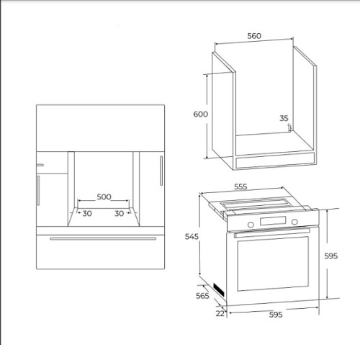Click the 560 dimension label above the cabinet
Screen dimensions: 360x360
[254, 36]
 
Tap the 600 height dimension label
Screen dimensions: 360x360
[201, 114]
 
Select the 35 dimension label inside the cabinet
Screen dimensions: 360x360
[284, 118]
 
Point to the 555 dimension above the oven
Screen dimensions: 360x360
[240, 186]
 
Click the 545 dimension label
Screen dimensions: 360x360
[192, 236]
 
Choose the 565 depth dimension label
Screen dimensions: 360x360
[202, 296]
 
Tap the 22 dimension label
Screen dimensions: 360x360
[220, 313]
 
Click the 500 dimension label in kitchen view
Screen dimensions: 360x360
[104, 197]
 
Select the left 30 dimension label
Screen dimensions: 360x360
[87, 213]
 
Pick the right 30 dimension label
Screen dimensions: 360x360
[120, 213]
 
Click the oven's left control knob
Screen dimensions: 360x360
[251, 225]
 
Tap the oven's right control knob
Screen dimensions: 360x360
[294, 222]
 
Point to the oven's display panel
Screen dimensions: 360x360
[273, 221]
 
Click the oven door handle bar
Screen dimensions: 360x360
[272, 233]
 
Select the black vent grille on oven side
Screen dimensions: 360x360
[219, 289]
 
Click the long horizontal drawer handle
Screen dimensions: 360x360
[103, 238]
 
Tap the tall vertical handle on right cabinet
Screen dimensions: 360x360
[161, 171]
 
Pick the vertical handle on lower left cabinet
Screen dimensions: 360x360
[38, 191]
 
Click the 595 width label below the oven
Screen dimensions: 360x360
[276, 315]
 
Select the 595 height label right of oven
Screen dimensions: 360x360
[331, 256]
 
